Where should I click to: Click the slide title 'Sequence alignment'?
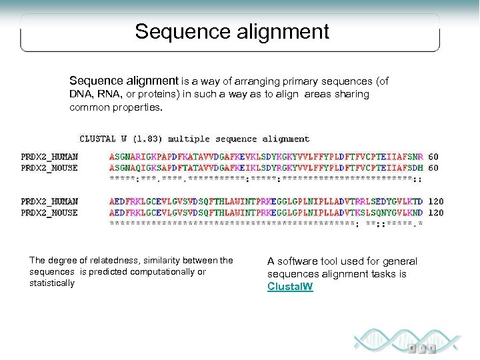point(232,31)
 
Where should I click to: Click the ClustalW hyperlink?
point(290,287)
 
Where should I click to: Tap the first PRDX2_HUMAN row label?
point(49,157)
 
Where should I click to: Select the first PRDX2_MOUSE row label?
point(49,168)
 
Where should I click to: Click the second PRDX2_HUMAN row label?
point(49,201)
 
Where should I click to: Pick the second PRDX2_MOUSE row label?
point(49,213)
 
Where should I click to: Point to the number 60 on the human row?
point(433,157)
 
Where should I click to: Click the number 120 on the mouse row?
point(436,213)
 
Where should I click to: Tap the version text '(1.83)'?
point(146,139)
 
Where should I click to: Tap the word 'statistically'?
point(52,283)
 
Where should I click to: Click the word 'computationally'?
point(157,272)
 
